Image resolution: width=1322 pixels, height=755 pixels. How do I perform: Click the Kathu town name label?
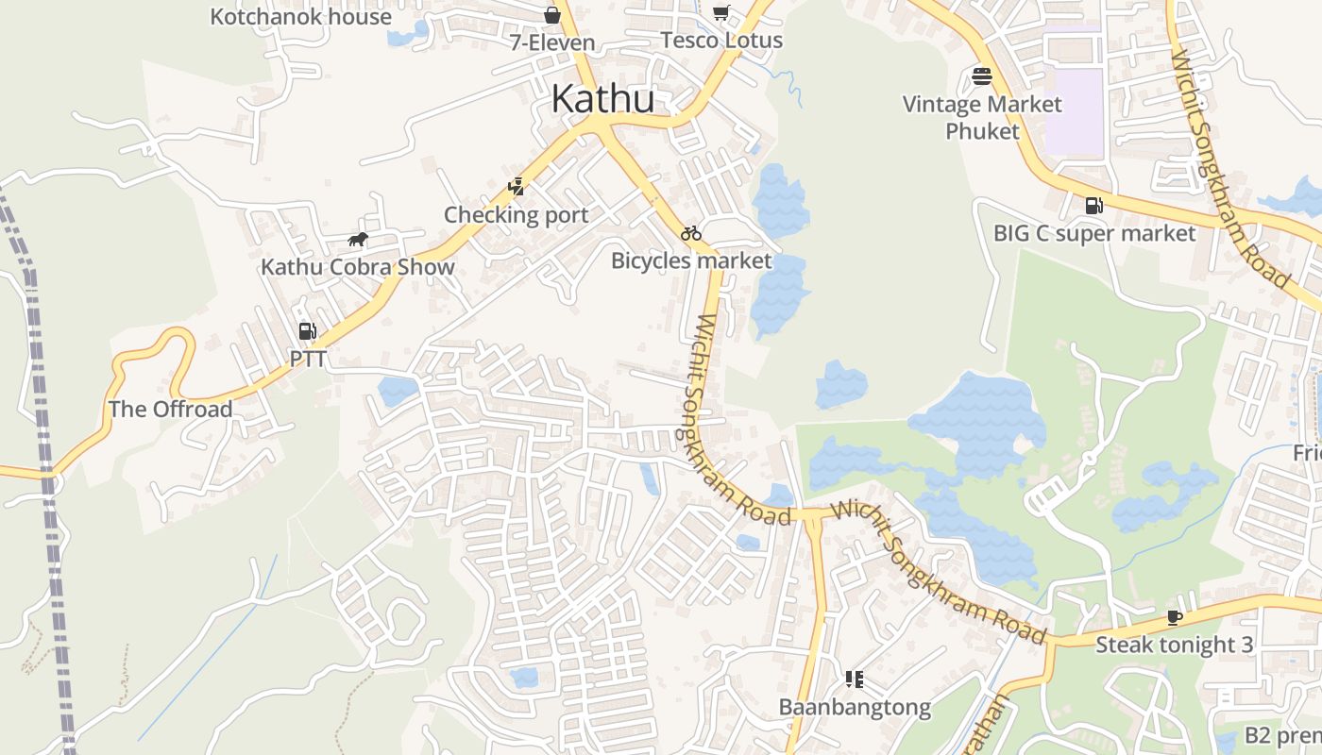tap(602, 98)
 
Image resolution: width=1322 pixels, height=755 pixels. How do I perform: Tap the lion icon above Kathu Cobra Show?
tap(358, 240)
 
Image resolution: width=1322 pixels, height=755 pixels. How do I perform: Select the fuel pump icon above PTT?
tap(307, 331)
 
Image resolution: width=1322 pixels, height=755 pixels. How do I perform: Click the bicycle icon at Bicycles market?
tap(691, 233)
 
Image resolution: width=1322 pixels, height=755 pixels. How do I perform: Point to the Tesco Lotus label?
tap(721, 41)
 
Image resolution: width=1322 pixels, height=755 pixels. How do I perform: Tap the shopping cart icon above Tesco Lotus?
tap(721, 12)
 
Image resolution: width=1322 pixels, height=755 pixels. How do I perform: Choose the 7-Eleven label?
tap(552, 42)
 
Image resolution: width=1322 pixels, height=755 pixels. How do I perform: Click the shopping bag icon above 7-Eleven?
tap(552, 15)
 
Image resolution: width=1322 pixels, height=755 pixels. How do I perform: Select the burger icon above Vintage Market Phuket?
tap(982, 76)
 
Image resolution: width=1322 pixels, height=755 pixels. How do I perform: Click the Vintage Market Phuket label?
tap(982, 117)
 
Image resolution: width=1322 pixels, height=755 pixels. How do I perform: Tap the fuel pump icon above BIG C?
tap(1093, 205)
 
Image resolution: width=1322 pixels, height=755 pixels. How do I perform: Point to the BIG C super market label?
tap(1094, 233)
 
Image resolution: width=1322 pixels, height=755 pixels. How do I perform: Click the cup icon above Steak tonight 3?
tap(1174, 617)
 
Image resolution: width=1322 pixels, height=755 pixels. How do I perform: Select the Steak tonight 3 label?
tap(1174, 646)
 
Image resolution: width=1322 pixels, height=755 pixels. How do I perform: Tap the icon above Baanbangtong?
tap(855, 679)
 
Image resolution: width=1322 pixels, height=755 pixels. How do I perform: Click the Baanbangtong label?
tap(855, 707)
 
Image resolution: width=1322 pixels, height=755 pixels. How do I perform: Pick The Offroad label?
tap(170, 410)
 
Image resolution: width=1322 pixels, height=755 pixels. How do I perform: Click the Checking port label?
tap(517, 215)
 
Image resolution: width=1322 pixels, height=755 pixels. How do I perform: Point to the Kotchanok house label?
tap(300, 17)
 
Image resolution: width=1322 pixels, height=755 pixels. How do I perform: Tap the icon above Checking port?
tap(516, 187)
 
